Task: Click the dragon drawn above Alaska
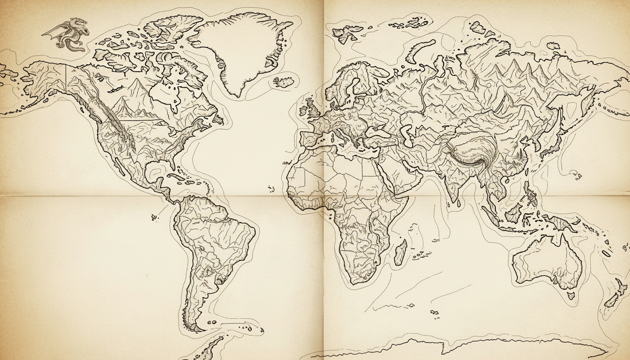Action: tap(70, 34)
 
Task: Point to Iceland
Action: tap(284, 82)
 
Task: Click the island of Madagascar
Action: tap(400, 252)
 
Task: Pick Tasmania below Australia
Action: tap(570, 296)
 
